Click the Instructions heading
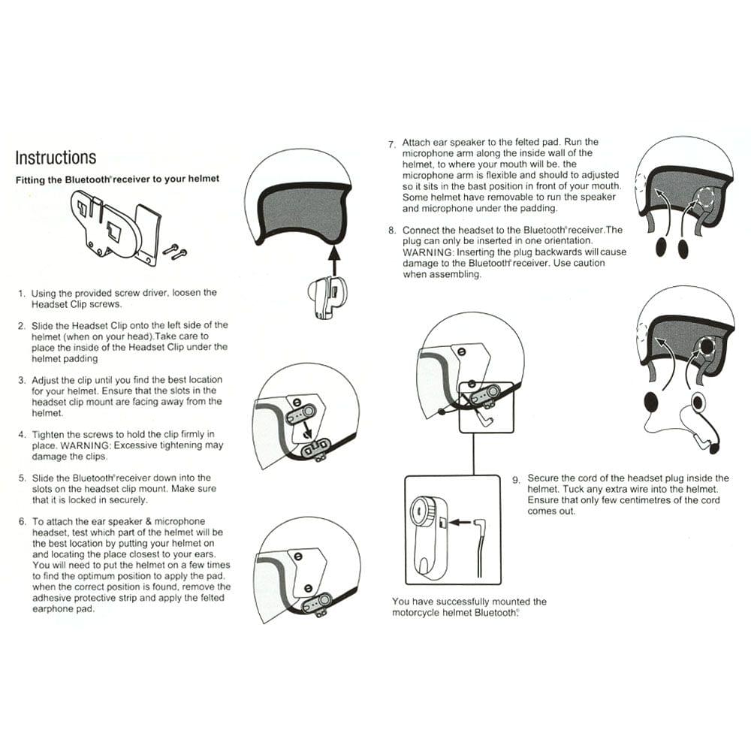(x=56, y=158)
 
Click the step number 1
(x=22, y=293)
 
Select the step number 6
(x=22, y=521)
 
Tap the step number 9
(x=516, y=479)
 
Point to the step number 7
(x=391, y=143)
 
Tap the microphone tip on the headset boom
(x=714, y=448)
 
